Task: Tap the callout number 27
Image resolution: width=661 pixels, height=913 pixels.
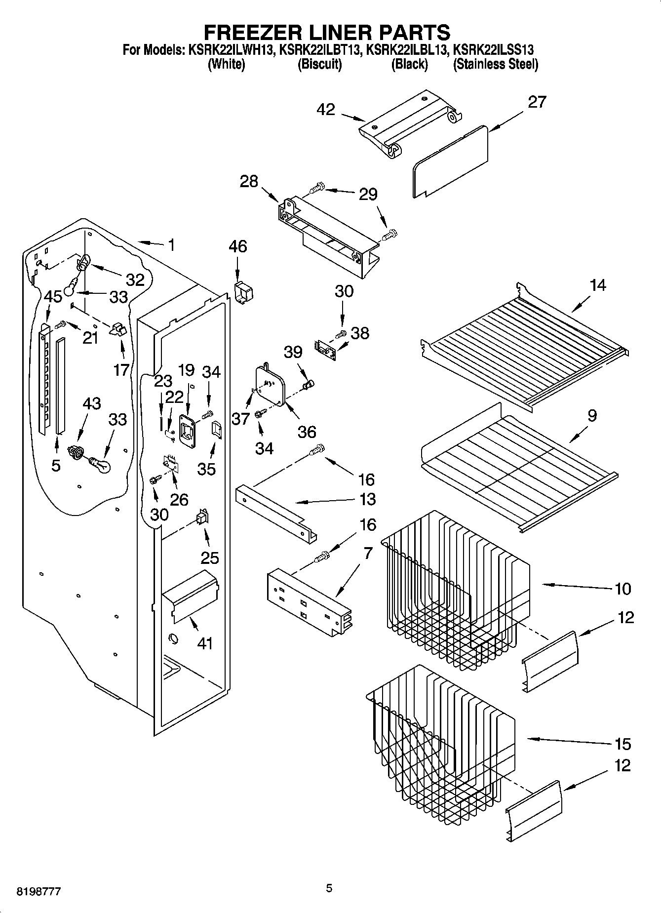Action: pyautogui.click(x=538, y=102)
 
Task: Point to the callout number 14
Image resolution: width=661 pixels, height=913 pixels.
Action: pyautogui.click(x=598, y=285)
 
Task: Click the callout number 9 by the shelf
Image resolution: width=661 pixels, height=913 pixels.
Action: pyautogui.click(x=592, y=415)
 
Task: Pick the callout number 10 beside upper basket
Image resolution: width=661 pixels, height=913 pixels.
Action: pyautogui.click(x=623, y=589)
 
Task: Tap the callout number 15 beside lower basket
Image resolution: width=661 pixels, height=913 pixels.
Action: pyautogui.click(x=623, y=744)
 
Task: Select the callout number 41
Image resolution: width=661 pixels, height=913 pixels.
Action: pyautogui.click(x=205, y=643)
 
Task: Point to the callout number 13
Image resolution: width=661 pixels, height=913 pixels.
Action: pyautogui.click(x=368, y=499)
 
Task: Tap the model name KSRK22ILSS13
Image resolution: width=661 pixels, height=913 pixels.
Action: pyautogui.click(x=493, y=50)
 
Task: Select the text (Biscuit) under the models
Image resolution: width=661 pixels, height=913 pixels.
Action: pyautogui.click(x=319, y=64)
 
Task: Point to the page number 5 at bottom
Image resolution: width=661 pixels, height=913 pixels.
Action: pyautogui.click(x=329, y=889)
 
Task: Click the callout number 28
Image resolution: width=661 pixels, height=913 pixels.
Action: pyautogui.click(x=249, y=182)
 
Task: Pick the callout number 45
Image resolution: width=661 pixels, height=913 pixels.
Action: pyautogui.click(x=53, y=297)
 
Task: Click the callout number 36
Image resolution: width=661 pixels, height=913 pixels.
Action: pyautogui.click(x=307, y=432)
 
